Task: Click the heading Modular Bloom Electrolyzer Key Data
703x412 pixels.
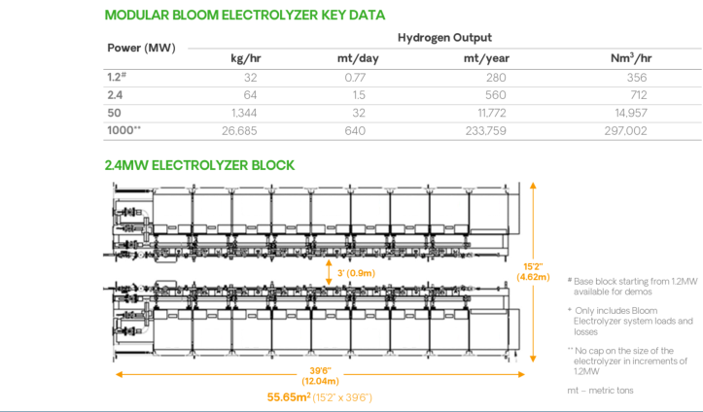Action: [244, 15]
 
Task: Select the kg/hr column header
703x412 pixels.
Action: [245, 58]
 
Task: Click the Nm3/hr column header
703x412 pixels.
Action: [630, 58]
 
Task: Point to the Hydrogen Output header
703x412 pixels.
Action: [443, 37]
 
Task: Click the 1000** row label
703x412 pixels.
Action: [123, 129]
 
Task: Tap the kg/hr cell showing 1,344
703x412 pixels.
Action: [245, 112]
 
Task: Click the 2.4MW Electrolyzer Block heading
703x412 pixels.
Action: [199, 165]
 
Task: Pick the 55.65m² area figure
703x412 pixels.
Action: [289, 396]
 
